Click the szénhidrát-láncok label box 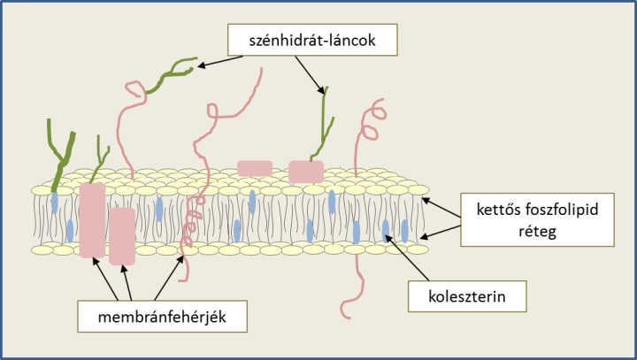(x=312, y=40)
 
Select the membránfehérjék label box (x=162, y=317)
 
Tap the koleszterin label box (x=467, y=296)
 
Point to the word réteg (x=537, y=232)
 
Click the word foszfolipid (x=562, y=210)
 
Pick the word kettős (x=498, y=210)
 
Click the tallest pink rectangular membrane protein (x=92, y=220)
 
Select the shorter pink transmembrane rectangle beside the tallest (x=122, y=236)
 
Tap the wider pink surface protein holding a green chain (x=306, y=172)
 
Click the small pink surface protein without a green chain (x=255, y=168)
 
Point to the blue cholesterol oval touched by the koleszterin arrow (x=386, y=230)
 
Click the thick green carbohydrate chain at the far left (x=61, y=155)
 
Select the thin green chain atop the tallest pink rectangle (x=99, y=159)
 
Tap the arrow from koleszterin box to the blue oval (x=407, y=258)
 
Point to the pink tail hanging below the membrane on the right (x=353, y=287)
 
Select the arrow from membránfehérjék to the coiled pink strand (x=169, y=278)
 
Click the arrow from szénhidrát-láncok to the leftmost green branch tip (x=219, y=61)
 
